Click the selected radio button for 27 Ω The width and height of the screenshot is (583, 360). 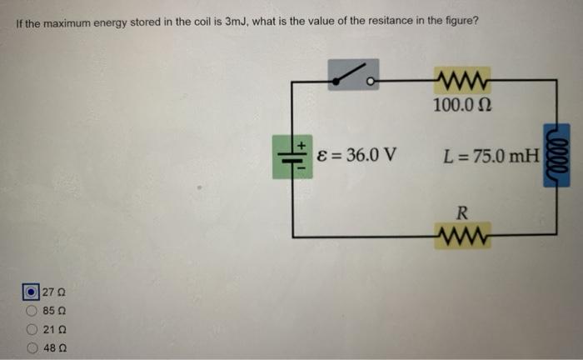[31, 292]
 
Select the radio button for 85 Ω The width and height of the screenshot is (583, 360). [31, 310]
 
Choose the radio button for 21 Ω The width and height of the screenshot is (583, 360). [31, 328]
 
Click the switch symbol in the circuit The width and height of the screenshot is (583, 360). [353, 77]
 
